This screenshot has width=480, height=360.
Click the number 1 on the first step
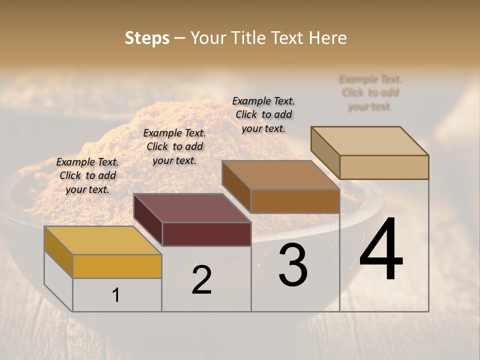116,295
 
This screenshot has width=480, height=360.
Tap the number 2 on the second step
201,280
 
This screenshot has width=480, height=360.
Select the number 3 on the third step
293,265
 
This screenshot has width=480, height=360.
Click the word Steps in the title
147,38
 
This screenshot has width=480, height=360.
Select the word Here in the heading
327,38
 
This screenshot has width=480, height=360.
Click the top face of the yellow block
102,240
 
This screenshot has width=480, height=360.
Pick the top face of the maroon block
192,208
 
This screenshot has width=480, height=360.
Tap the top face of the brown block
281,175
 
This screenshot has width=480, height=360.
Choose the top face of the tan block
370,141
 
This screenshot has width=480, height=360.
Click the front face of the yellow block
117,266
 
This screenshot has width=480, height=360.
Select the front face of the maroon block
206,234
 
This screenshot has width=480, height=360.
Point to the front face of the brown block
295,201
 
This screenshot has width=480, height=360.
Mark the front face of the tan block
384,167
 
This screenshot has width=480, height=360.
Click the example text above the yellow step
87,175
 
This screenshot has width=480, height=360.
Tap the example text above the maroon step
174,146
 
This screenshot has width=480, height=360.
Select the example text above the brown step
263,114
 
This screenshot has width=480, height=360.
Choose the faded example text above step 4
370,92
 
